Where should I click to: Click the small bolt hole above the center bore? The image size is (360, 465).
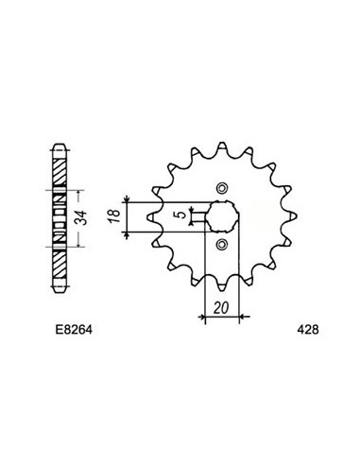coord(223,185)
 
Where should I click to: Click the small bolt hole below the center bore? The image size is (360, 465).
coord(223,248)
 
